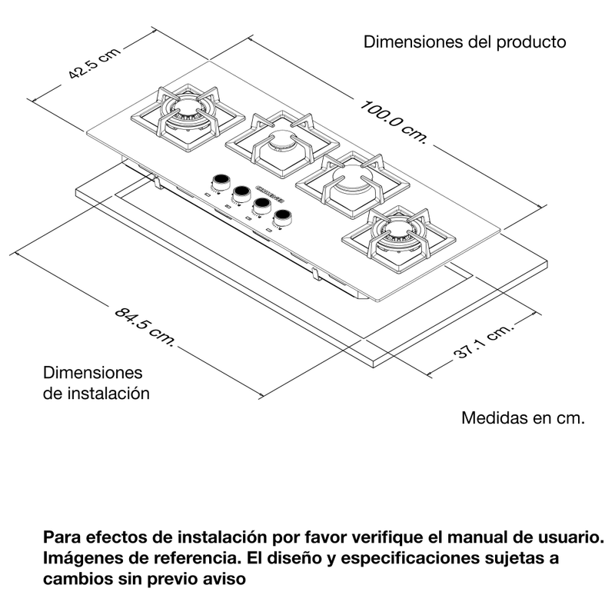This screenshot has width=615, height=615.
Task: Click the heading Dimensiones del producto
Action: coord(464,42)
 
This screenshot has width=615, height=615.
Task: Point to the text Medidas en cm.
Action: coord(524,419)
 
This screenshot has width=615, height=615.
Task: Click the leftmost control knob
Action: coord(220,181)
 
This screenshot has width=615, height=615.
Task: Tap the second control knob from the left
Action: coord(241,192)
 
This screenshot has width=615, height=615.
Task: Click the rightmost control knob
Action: coord(285,216)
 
